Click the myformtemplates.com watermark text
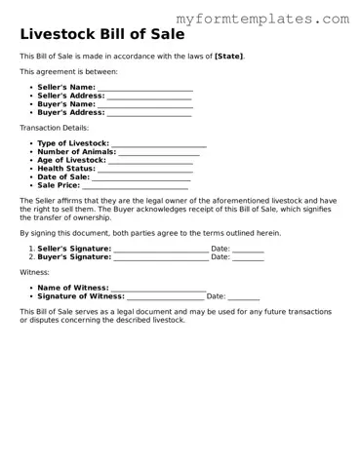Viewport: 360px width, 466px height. (x=262, y=19)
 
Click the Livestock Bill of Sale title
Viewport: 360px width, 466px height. (x=103, y=36)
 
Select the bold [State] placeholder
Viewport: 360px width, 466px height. (x=229, y=57)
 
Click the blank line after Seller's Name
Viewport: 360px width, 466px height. (x=144, y=89)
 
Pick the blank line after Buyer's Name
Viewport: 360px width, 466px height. (x=144, y=104)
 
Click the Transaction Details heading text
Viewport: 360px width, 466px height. (x=54, y=128)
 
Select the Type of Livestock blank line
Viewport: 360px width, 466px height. (x=159, y=144)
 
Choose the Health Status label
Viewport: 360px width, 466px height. (x=66, y=169)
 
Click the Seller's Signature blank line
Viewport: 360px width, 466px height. (x=161, y=249)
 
